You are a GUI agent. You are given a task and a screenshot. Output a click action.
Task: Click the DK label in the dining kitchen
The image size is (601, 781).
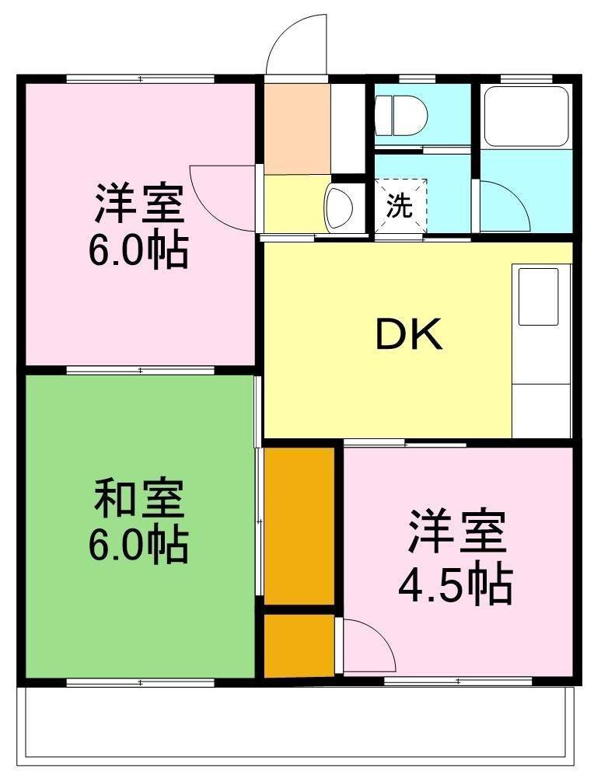[x=409, y=335]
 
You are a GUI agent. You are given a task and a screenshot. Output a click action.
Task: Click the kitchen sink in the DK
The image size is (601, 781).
[x=539, y=296]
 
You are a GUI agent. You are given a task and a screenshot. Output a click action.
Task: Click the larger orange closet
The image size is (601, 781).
[x=299, y=525]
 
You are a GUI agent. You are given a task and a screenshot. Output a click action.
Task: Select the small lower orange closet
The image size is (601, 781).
[x=299, y=645]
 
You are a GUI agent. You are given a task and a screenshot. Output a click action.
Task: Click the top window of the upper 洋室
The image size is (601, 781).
[x=140, y=78]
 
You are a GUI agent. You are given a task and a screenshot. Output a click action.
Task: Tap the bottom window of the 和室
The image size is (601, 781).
[x=140, y=682]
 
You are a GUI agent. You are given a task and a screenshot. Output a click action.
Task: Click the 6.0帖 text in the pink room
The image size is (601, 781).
[x=138, y=250]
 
